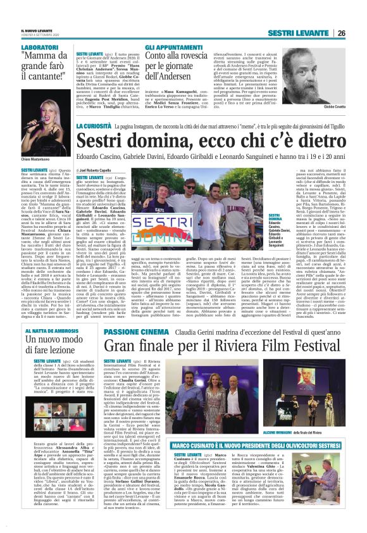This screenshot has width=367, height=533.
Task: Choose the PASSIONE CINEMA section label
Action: [x=130, y=331]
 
